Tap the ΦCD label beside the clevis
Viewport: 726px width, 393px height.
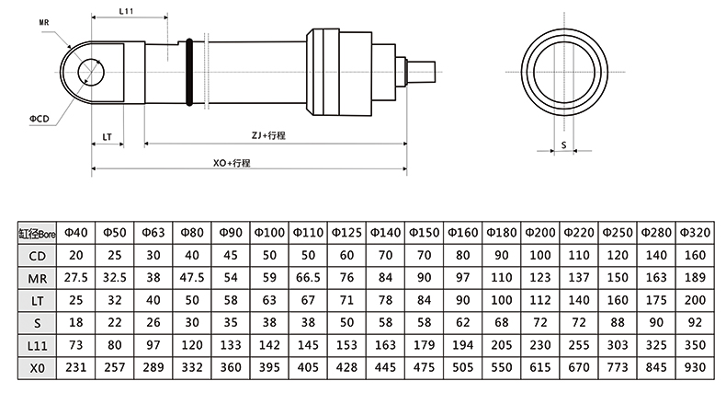point(40,119)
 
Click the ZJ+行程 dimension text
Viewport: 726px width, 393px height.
point(269,135)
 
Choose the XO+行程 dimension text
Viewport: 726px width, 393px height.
point(232,162)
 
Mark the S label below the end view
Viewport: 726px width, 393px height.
point(563,144)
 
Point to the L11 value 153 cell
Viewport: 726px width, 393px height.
point(347,345)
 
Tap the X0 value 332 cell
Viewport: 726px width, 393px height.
point(193,367)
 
